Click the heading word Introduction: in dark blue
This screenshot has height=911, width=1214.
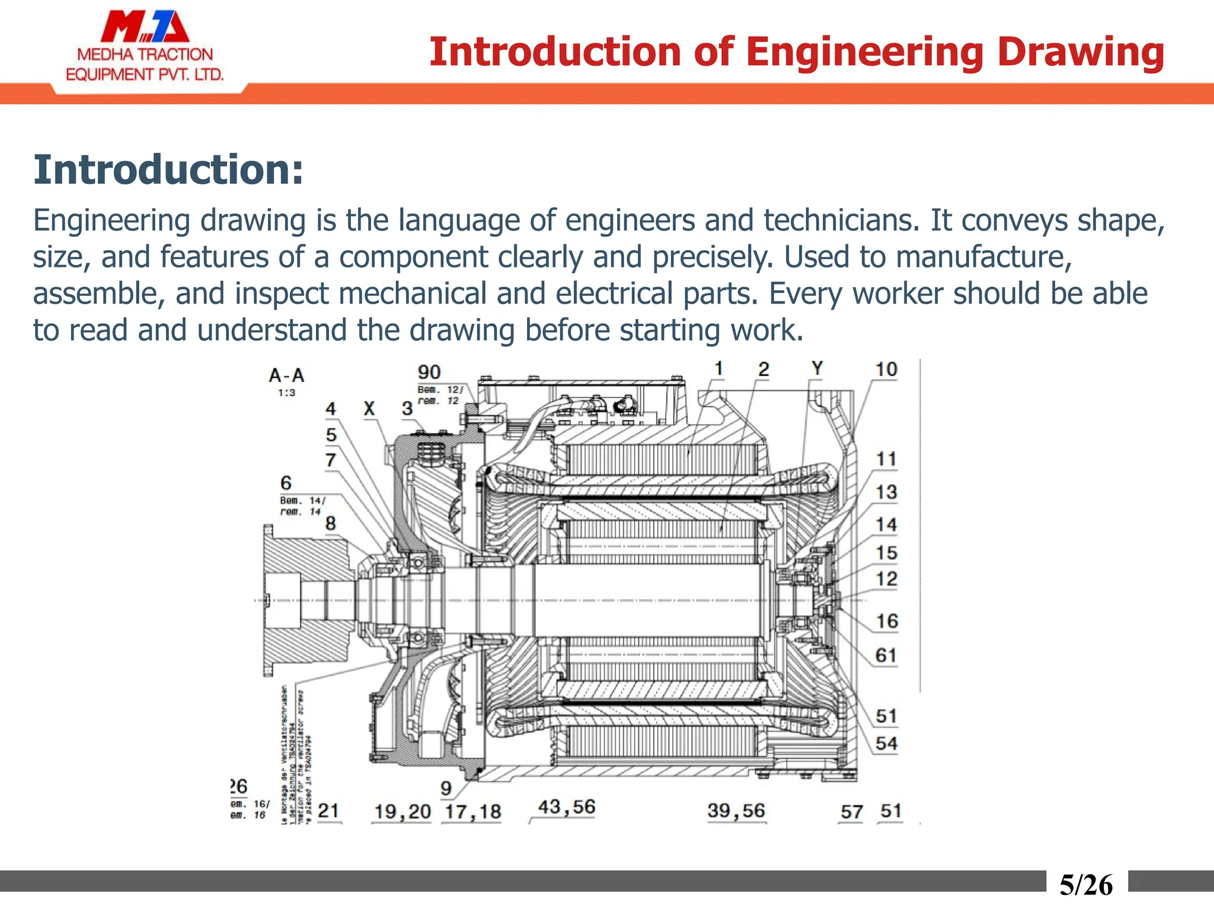[x=168, y=170]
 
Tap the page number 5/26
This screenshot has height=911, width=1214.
[x=1086, y=885]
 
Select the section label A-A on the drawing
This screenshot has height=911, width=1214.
[x=286, y=375]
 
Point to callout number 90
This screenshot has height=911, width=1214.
[x=429, y=372]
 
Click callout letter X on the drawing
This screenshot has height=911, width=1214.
[x=369, y=409]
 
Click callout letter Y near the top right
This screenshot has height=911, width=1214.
[x=817, y=368]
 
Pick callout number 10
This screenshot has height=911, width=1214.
[x=886, y=370]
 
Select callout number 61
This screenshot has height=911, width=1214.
[x=886, y=655]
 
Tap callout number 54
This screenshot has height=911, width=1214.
[x=886, y=743]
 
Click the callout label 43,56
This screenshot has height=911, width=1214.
[x=567, y=807]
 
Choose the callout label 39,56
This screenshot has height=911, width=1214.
[x=736, y=811]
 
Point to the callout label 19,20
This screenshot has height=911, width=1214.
[x=402, y=812]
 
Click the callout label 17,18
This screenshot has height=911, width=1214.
[x=473, y=812]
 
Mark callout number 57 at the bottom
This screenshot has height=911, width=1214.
[x=852, y=812]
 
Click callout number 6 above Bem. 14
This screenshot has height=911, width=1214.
[x=286, y=483]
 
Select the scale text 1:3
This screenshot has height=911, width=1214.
[x=286, y=393]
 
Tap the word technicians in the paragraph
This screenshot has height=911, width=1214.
[x=838, y=221]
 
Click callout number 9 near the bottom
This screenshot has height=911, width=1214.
[x=446, y=788]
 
